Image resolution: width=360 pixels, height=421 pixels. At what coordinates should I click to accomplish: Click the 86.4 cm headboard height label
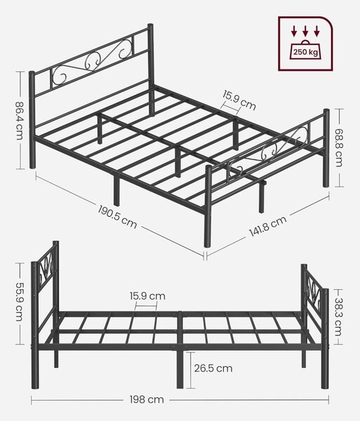click(20, 120)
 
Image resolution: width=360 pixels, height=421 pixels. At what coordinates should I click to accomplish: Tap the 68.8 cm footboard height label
click(339, 147)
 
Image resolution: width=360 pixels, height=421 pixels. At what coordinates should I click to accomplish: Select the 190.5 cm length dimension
click(117, 217)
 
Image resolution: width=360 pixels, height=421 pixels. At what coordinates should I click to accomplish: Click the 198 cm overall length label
click(147, 399)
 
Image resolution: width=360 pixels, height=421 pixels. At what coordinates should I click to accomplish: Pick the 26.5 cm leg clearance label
click(213, 368)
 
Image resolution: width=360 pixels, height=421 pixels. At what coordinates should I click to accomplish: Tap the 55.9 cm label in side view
click(19, 302)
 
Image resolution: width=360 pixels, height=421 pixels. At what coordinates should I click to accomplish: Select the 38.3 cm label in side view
click(338, 317)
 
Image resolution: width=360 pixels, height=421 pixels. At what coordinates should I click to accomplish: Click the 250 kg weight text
click(305, 52)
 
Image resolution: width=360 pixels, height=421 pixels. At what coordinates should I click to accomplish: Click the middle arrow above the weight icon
click(305, 31)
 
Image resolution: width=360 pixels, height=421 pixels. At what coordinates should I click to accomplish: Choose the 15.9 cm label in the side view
click(147, 296)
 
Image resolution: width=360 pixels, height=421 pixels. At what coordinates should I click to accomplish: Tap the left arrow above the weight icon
click(294, 31)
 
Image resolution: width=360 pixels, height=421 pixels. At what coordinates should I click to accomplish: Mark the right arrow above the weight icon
click(316, 31)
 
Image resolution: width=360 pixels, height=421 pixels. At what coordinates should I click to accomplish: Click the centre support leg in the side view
click(180, 370)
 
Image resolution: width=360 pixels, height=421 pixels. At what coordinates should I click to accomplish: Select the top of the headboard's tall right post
click(151, 25)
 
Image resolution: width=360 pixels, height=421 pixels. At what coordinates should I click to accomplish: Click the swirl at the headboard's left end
click(59, 75)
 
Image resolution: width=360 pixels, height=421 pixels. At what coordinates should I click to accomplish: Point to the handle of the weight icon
click(305, 42)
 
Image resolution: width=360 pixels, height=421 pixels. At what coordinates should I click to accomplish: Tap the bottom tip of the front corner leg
click(208, 246)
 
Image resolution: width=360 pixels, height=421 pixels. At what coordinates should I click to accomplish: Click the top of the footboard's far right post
click(326, 110)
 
